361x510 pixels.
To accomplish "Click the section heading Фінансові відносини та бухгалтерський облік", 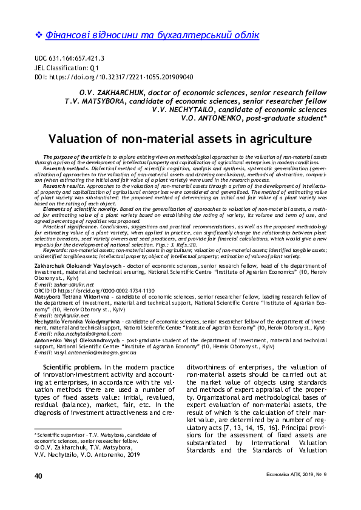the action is click(152, 35).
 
